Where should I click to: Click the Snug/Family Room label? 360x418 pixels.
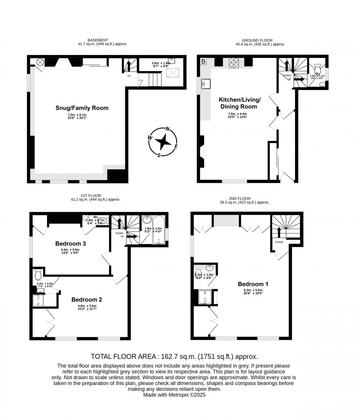(82, 108)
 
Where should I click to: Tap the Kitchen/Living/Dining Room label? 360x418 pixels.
(240, 103)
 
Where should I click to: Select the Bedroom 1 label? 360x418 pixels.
(253, 284)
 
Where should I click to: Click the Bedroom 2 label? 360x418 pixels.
(87, 299)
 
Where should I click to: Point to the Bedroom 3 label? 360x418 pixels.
(71, 243)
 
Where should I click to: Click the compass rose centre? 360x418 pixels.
(163, 141)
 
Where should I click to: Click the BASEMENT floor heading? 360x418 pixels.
(98, 40)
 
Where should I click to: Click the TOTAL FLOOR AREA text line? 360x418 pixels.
(174, 356)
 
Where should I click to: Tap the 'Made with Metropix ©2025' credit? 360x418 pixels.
(174, 395)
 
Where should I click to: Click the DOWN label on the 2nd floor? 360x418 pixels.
(279, 242)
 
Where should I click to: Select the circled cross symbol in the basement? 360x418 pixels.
(40, 62)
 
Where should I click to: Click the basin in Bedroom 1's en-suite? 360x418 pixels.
(209, 268)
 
